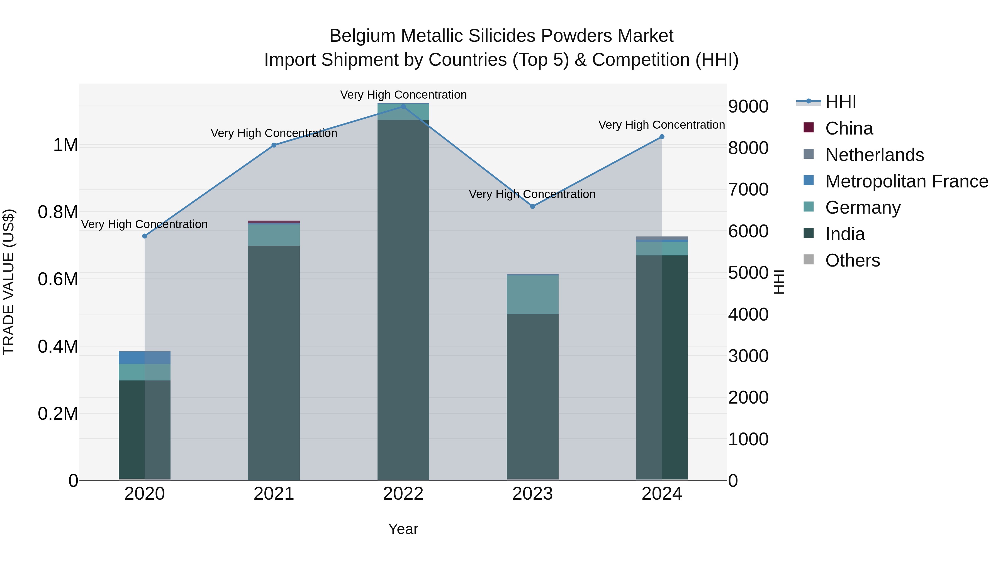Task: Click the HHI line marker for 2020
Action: point(144,236)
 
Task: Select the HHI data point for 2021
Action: point(274,145)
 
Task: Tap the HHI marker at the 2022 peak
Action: point(403,106)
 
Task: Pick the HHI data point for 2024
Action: point(661,137)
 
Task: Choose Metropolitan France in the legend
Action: point(906,181)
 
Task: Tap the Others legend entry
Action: point(852,260)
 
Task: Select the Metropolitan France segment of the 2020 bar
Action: point(144,357)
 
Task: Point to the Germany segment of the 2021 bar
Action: point(274,235)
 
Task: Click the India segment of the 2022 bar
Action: point(403,300)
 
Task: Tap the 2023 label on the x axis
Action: point(532,494)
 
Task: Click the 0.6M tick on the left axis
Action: point(58,279)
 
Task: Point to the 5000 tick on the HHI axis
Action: point(748,273)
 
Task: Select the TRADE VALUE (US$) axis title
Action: point(9,282)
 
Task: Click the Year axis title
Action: point(403,529)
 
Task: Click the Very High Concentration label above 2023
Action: point(532,194)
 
